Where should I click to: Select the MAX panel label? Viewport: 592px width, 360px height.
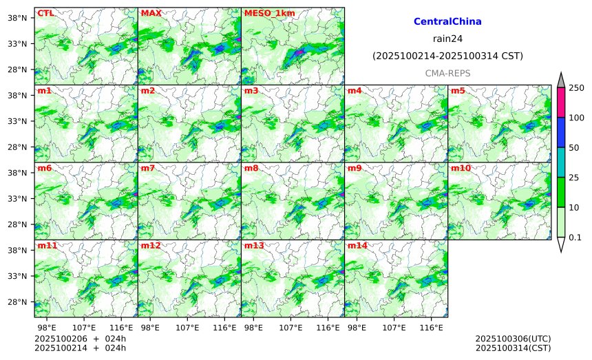[151, 13]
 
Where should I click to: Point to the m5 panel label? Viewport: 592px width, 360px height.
[458, 91]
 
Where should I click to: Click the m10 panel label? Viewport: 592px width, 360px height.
[461, 168]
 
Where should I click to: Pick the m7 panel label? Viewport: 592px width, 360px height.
[148, 168]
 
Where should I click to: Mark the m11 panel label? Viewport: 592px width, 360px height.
[47, 246]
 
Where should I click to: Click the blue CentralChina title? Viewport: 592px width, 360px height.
[447, 22]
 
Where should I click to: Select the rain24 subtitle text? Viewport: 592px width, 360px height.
[447, 39]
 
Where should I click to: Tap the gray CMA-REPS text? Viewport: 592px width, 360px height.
[447, 72]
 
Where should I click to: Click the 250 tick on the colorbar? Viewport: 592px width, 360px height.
[576, 87]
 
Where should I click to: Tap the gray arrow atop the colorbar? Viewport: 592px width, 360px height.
[560, 81]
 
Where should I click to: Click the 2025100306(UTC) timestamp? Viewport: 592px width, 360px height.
[513, 339]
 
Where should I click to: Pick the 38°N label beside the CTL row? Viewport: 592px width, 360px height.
[16, 18]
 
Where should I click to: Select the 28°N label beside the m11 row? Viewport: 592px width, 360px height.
[16, 302]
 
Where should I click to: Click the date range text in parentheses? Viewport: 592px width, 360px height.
[447, 56]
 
